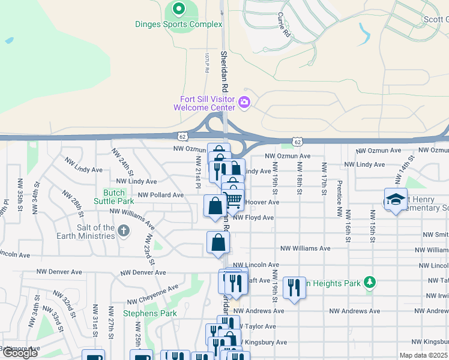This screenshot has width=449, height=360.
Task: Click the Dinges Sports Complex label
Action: pos(178,25)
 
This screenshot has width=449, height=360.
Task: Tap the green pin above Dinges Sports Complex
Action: pos(178,9)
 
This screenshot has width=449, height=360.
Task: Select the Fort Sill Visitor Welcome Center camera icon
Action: pos(244,103)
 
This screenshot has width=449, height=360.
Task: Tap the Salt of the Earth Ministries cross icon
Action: pos(123,231)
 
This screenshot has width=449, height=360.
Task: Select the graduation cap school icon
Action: pos(396,200)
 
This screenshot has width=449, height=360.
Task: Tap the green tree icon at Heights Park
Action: pos(370,282)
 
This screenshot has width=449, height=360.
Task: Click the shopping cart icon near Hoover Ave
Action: pos(233,199)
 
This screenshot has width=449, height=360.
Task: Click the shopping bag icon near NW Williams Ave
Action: pos(218,242)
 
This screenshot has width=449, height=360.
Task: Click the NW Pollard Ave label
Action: pos(161,195)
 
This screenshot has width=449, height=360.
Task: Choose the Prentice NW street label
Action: pos(339,198)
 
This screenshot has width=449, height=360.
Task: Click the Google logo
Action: pos(20,353)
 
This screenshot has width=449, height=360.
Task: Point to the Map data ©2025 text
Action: pos(423,355)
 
